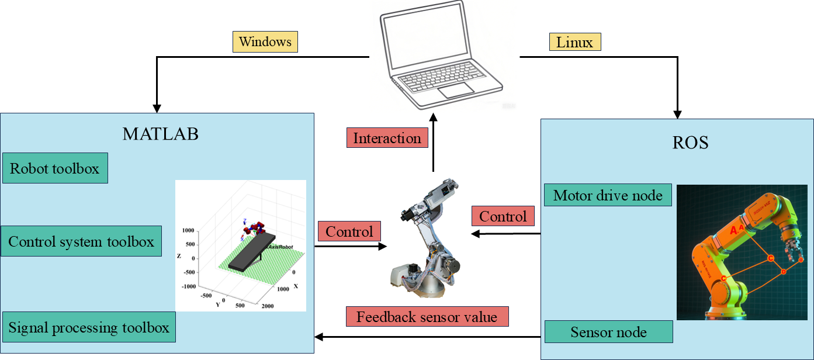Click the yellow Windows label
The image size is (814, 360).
coord(265,42)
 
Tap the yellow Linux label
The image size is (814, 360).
coord(575,42)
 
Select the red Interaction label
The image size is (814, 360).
coord(387,139)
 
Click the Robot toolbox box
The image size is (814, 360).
coord(55,168)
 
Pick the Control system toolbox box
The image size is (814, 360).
coord(81,241)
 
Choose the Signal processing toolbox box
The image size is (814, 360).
coord(89,327)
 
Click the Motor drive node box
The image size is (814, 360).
coord(608,195)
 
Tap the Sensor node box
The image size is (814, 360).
coord(608,332)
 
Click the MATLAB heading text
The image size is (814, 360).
coord(161,134)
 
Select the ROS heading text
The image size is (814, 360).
coord(690,143)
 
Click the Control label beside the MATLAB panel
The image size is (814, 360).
coord(349,231)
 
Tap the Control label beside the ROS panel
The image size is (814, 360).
coord(503,217)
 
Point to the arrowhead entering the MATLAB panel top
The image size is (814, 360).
coord(157,109)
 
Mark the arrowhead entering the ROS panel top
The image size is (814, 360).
coord(678,115)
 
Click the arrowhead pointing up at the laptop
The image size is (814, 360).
coord(433,117)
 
